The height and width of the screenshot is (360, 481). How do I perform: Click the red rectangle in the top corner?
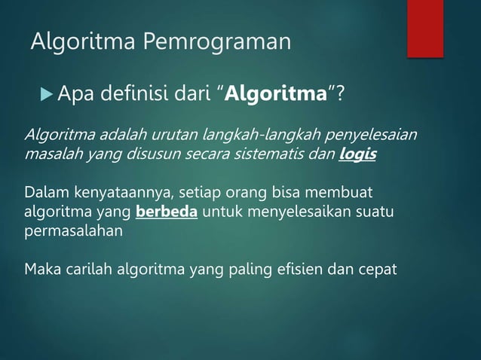[425, 27]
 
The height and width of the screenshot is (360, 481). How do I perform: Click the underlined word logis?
[358, 154]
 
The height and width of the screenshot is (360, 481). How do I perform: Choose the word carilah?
[84, 268]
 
